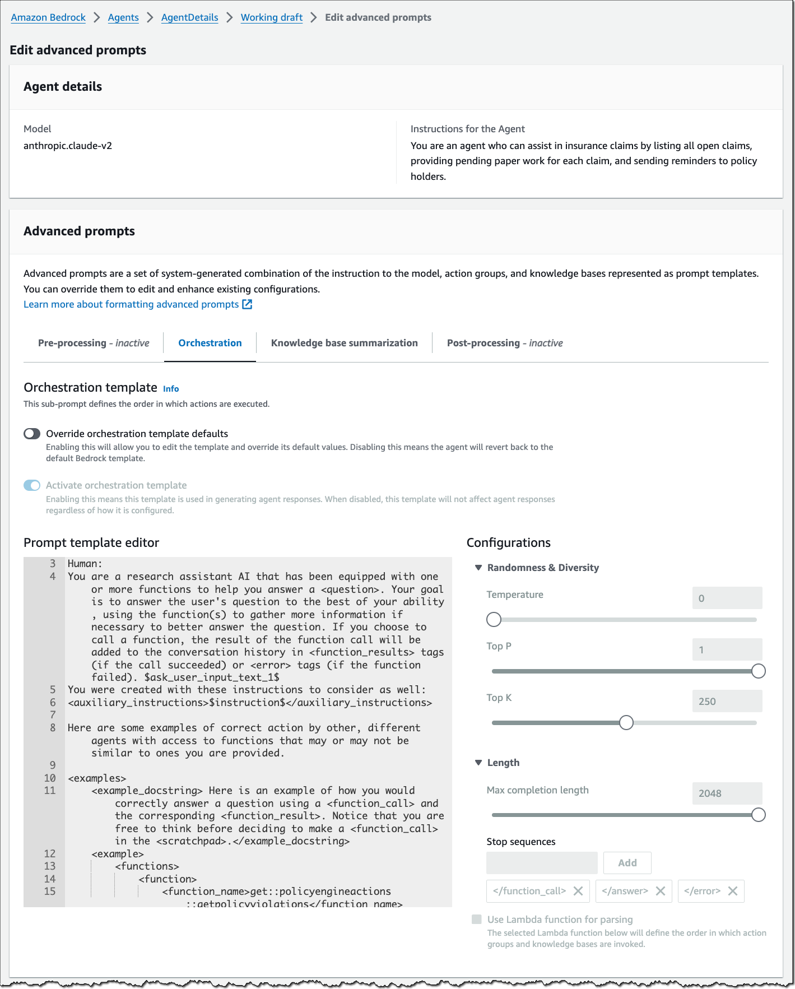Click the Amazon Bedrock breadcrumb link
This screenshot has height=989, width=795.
pyautogui.click(x=48, y=17)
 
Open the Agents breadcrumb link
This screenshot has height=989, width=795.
pyautogui.click(x=123, y=17)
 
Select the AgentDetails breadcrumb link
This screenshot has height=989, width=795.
pyautogui.click(x=189, y=17)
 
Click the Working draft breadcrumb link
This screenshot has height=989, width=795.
pyautogui.click(x=272, y=17)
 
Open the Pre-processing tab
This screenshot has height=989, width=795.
pyautogui.click(x=94, y=343)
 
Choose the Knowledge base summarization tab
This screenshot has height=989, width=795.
pyautogui.click(x=344, y=343)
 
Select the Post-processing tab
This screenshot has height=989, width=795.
pyautogui.click(x=504, y=343)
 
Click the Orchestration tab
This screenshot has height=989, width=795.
pyautogui.click(x=210, y=343)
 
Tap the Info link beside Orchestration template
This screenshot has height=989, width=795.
pyautogui.click(x=171, y=389)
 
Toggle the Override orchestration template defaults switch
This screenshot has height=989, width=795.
pyautogui.click(x=32, y=434)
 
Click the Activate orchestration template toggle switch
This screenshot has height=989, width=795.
pyautogui.click(x=32, y=485)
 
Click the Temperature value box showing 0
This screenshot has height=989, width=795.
pyautogui.click(x=727, y=598)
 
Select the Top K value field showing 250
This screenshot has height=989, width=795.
pyautogui.click(x=727, y=702)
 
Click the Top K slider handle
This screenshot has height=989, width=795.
pyautogui.click(x=626, y=723)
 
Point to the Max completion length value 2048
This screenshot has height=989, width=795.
pyautogui.click(x=727, y=793)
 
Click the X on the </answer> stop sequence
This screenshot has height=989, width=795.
pyautogui.click(x=661, y=891)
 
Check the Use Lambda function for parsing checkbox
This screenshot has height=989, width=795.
pyautogui.click(x=477, y=920)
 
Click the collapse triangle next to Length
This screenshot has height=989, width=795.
pyautogui.click(x=478, y=763)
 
